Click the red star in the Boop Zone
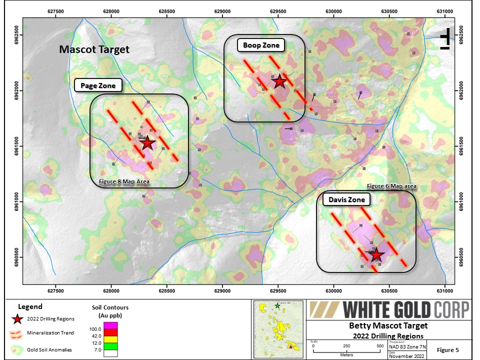[279, 81]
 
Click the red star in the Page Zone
[147, 143]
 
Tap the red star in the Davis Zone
[376, 254]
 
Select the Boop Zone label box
[261, 45]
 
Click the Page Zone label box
[98, 85]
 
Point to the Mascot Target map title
[94, 49]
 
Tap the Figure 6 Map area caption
[391, 186]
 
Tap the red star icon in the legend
[18, 319]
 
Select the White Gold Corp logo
[388, 310]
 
